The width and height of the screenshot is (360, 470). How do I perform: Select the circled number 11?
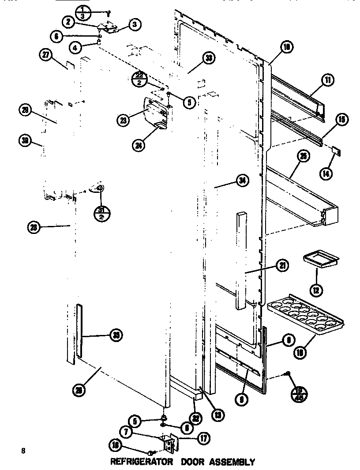(328, 80)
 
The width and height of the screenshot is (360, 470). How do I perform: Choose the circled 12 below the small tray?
(316, 290)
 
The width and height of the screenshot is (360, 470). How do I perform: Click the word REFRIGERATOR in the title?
(142, 462)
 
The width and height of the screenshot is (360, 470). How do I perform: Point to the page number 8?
(22, 451)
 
